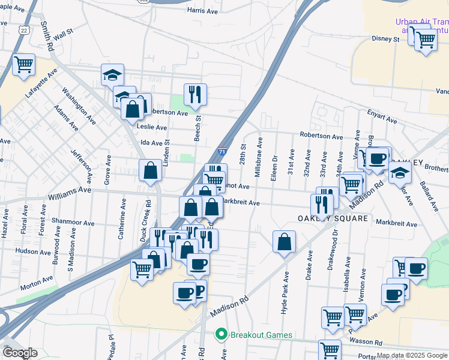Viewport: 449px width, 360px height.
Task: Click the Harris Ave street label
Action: coord(202,11)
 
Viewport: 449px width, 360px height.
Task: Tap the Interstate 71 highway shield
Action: coord(223,152)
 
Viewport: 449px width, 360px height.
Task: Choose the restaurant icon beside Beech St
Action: coord(195,94)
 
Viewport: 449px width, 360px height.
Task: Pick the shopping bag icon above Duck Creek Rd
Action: coord(149,170)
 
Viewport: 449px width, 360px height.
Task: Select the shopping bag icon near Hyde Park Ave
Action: coord(285,242)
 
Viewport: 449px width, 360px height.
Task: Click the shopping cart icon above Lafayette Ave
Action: coord(23,64)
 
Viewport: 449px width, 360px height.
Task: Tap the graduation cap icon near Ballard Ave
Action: coord(400,174)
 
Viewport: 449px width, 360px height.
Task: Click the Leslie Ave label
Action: coord(153,127)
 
